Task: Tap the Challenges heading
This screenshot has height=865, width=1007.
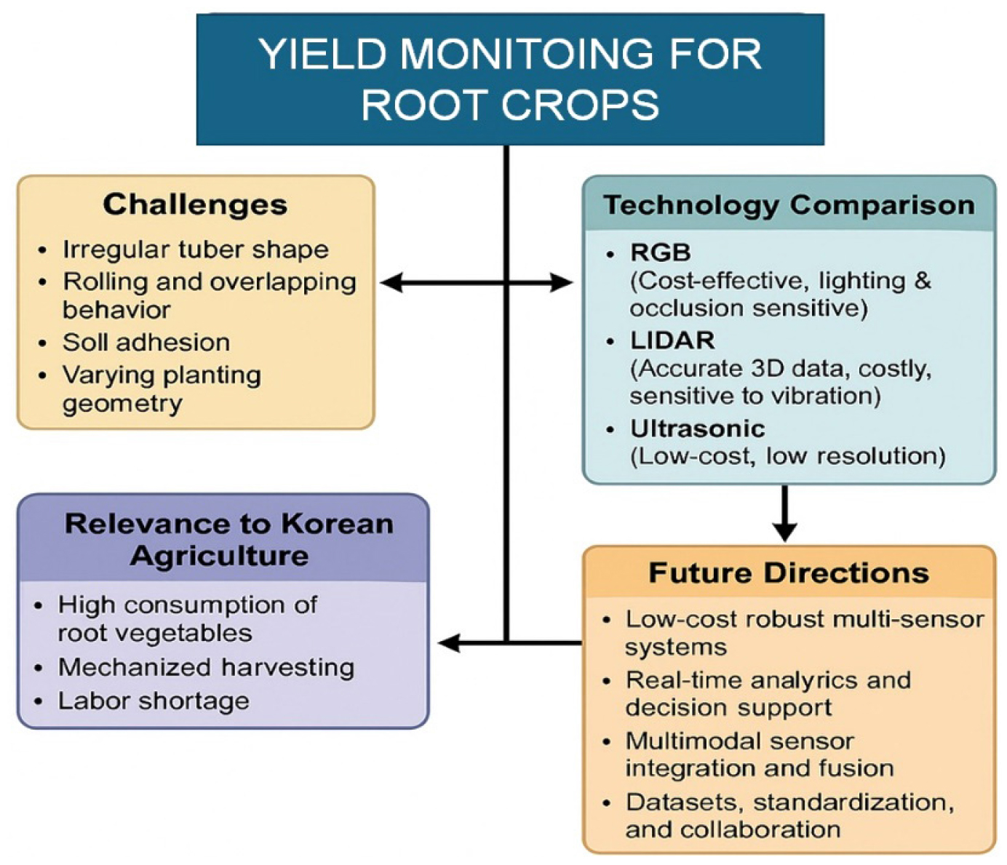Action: (x=195, y=204)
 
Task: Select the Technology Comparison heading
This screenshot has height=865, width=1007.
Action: (x=789, y=205)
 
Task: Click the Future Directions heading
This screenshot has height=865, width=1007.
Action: (x=789, y=573)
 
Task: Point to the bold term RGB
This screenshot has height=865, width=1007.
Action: (x=660, y=252)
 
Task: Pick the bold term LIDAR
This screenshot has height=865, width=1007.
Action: (x=672, y=340)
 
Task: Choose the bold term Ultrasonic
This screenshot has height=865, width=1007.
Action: (x=697, y=428)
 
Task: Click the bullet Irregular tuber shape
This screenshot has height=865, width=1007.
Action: (x=195, y=250)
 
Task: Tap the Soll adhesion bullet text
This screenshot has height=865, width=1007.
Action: (x=146, y=342)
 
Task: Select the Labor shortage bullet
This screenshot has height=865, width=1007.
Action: (x=153, y=701)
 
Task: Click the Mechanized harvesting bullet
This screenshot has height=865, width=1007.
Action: (x=206, y=667)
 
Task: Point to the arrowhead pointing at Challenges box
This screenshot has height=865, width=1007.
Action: (x=391, y=282)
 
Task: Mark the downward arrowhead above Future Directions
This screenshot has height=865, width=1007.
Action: (x=784, y=531)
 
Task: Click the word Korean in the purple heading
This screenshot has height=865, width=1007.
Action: (x=337, y=524)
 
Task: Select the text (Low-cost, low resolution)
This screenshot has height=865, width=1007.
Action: (x=787, y=456)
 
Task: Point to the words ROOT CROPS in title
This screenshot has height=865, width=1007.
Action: (x=510, y=104)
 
